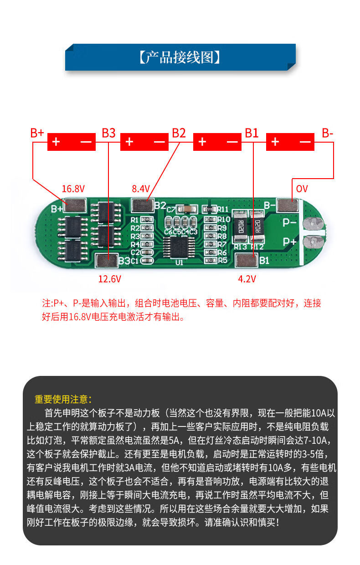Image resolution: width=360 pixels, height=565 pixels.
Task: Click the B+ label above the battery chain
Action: pyautogui.click(x=37, y=133)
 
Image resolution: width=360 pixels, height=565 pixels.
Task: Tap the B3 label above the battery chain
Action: pyautogui.click(x=108, y=133)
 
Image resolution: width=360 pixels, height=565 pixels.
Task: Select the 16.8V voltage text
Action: pyautogui.click(x=73, y=189)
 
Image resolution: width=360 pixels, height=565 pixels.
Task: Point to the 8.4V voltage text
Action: pyautogui.click(x=141, y=189)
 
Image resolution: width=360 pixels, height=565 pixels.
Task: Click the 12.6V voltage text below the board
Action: pyautogui.click(x=110, y=278)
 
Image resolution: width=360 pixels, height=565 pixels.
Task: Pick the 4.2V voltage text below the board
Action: pyautogui.click(x=247, y=278)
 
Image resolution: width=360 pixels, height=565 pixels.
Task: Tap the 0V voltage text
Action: pyautogui.click(x=302, y=189)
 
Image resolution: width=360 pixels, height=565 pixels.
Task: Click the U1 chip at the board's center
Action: pyautogui.click(x=179, y=247)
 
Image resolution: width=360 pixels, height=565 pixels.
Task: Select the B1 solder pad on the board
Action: pyautogui.click(x=246, y=261)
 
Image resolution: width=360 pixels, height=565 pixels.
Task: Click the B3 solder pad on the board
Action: pyautogui.click(x=106, y=261)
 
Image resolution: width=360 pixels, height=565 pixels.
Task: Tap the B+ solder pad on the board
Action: pyautogui.click(x=75, y=205)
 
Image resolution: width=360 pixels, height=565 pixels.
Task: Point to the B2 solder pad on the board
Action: pyautogui.click(x=142, y=205)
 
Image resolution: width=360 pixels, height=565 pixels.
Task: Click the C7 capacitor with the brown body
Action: pyautogui.click(x=187, y=209)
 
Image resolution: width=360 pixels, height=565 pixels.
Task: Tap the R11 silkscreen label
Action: pyautogui.click(x=222, y=209)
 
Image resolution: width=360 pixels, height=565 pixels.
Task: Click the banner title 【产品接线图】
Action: pyautogui.click(x=180, y=57)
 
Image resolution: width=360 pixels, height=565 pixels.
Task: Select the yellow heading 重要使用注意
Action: pyautogui.click(x=63, y=400)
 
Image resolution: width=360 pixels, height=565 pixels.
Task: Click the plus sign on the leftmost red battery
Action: pyautogui.click(x=56, y=142)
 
